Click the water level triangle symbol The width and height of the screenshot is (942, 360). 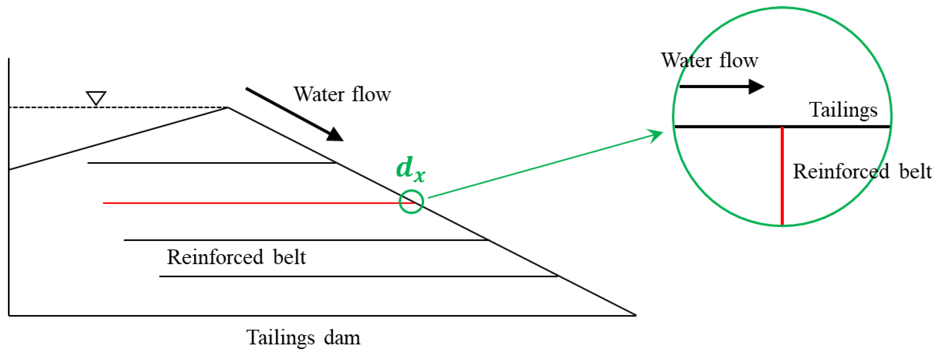96,98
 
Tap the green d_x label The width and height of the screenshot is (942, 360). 410,169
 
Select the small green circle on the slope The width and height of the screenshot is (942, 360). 411,201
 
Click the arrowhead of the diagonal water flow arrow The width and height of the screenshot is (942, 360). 335,135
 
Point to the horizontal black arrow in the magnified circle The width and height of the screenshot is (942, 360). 720,87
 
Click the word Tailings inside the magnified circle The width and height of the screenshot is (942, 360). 843,110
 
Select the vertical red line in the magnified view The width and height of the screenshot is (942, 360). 782,176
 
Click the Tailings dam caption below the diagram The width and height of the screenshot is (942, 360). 303,337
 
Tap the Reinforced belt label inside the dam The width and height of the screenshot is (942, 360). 236,257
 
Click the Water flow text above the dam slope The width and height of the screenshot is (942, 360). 342,94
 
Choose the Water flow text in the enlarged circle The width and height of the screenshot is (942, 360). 709,60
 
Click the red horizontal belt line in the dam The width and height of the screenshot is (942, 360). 249,203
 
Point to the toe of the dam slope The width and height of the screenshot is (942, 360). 636,315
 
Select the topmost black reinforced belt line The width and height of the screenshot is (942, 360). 212,163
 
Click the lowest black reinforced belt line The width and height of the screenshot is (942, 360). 358,276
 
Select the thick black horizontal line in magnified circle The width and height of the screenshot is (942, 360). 731,127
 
